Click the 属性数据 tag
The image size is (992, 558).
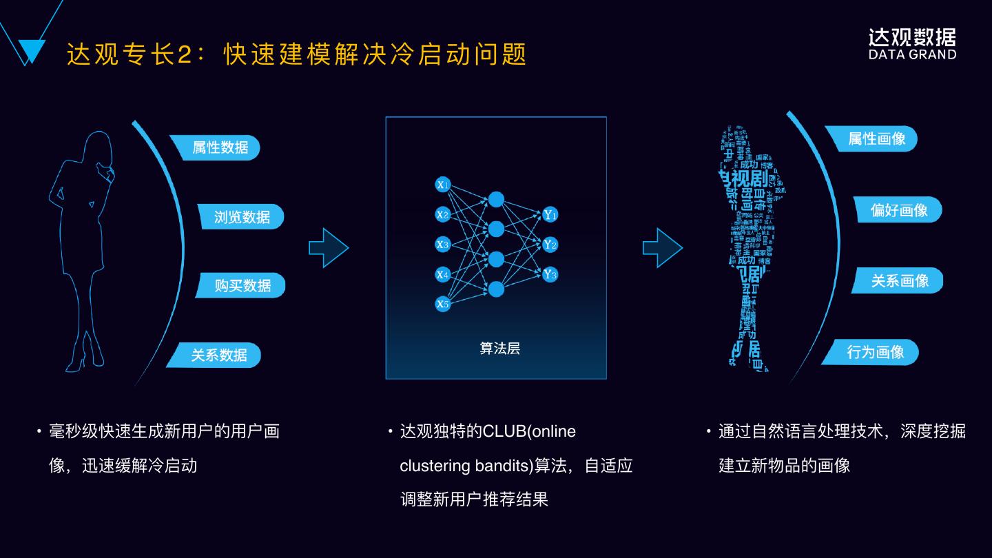click(217, 147)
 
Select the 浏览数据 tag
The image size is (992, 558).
click(241, 217)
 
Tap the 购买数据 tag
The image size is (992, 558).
click(242, 285)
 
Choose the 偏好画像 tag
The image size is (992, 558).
click(898, 210)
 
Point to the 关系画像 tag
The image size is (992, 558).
click(899, 280)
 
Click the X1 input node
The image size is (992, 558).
click(443, 185)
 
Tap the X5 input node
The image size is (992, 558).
click(443, 304)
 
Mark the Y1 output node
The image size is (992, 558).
click(550, 214)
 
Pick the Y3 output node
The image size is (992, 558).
click(550, 274)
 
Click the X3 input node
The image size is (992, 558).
click(443, 245)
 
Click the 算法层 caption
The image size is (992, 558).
click(499, 349)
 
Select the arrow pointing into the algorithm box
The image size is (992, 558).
click(329, 247)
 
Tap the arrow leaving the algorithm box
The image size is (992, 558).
click(662, 247)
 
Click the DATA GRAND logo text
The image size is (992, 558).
click(912, 54)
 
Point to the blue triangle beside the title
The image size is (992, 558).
click(29, 50)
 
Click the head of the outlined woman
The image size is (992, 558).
click(98, 147)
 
